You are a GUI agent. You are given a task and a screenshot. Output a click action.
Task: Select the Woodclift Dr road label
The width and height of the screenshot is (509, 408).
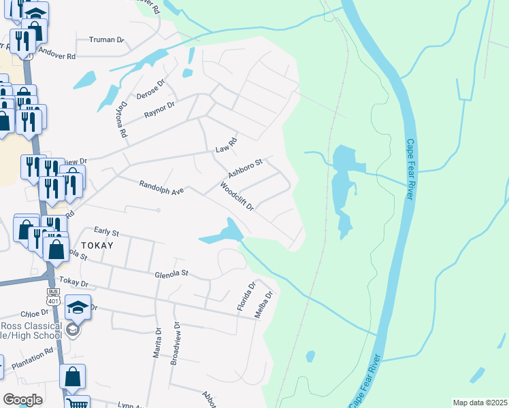coord(236,197)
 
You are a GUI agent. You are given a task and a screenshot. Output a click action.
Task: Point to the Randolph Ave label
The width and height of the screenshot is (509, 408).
coord(162,188)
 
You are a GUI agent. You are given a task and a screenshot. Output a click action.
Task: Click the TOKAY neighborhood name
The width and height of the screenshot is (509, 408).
coord(97,244)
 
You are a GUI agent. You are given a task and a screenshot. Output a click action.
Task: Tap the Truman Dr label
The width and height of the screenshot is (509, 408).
coord(102,39)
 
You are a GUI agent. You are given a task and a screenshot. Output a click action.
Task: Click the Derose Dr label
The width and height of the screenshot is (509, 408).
coord(151,88)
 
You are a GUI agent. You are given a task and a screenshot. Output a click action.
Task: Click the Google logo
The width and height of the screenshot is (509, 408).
coord(22,399)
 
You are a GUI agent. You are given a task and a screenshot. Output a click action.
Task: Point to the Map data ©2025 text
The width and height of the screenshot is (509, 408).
coord(479,403)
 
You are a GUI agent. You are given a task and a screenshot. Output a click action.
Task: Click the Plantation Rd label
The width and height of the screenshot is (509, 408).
coord(32,357)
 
